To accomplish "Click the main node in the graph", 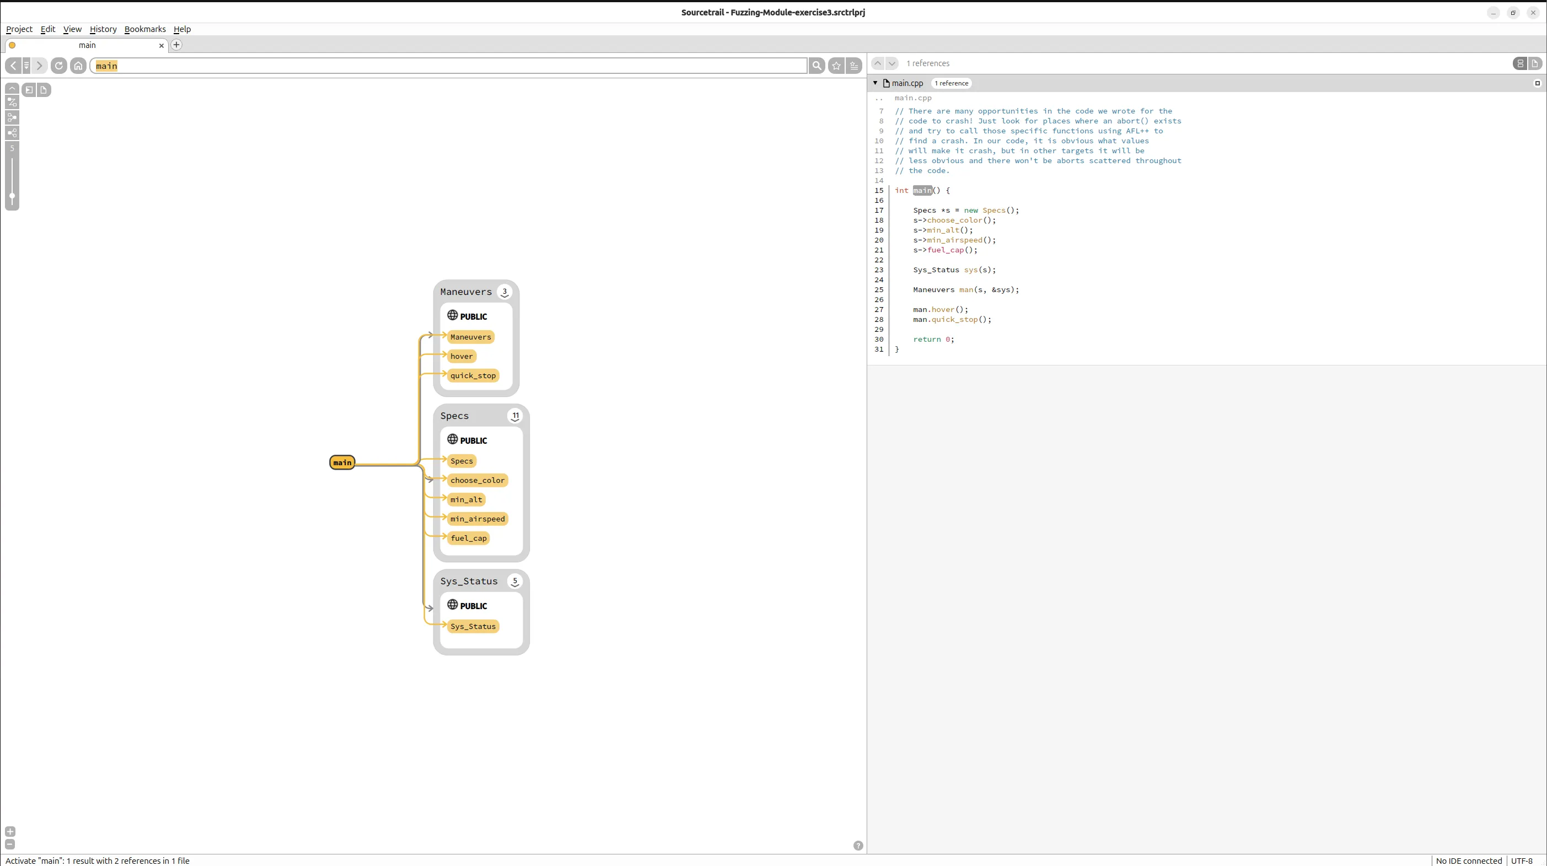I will pos(342,462).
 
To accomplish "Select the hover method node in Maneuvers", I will pos(461,356).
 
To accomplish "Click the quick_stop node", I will pos(472,375).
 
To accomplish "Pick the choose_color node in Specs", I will pos(477,481).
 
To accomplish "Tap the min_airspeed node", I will pos(477,519).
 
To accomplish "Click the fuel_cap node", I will pos(468,538).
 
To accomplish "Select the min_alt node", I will pos(466,499).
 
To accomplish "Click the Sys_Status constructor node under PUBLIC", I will pos(472,626).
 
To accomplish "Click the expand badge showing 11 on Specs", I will pos(515,416).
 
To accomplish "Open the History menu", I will pos(103,29).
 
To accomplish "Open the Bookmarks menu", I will pos(145,29).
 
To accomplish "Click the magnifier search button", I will pos(816,66).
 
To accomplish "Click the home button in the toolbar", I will pos(78,66).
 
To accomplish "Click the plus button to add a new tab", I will pos(176,45).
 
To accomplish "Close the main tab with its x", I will pos(161,45).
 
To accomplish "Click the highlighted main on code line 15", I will pos(922,190).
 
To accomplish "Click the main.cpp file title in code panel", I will pos(907,83).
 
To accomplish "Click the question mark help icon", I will pos(858,846).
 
